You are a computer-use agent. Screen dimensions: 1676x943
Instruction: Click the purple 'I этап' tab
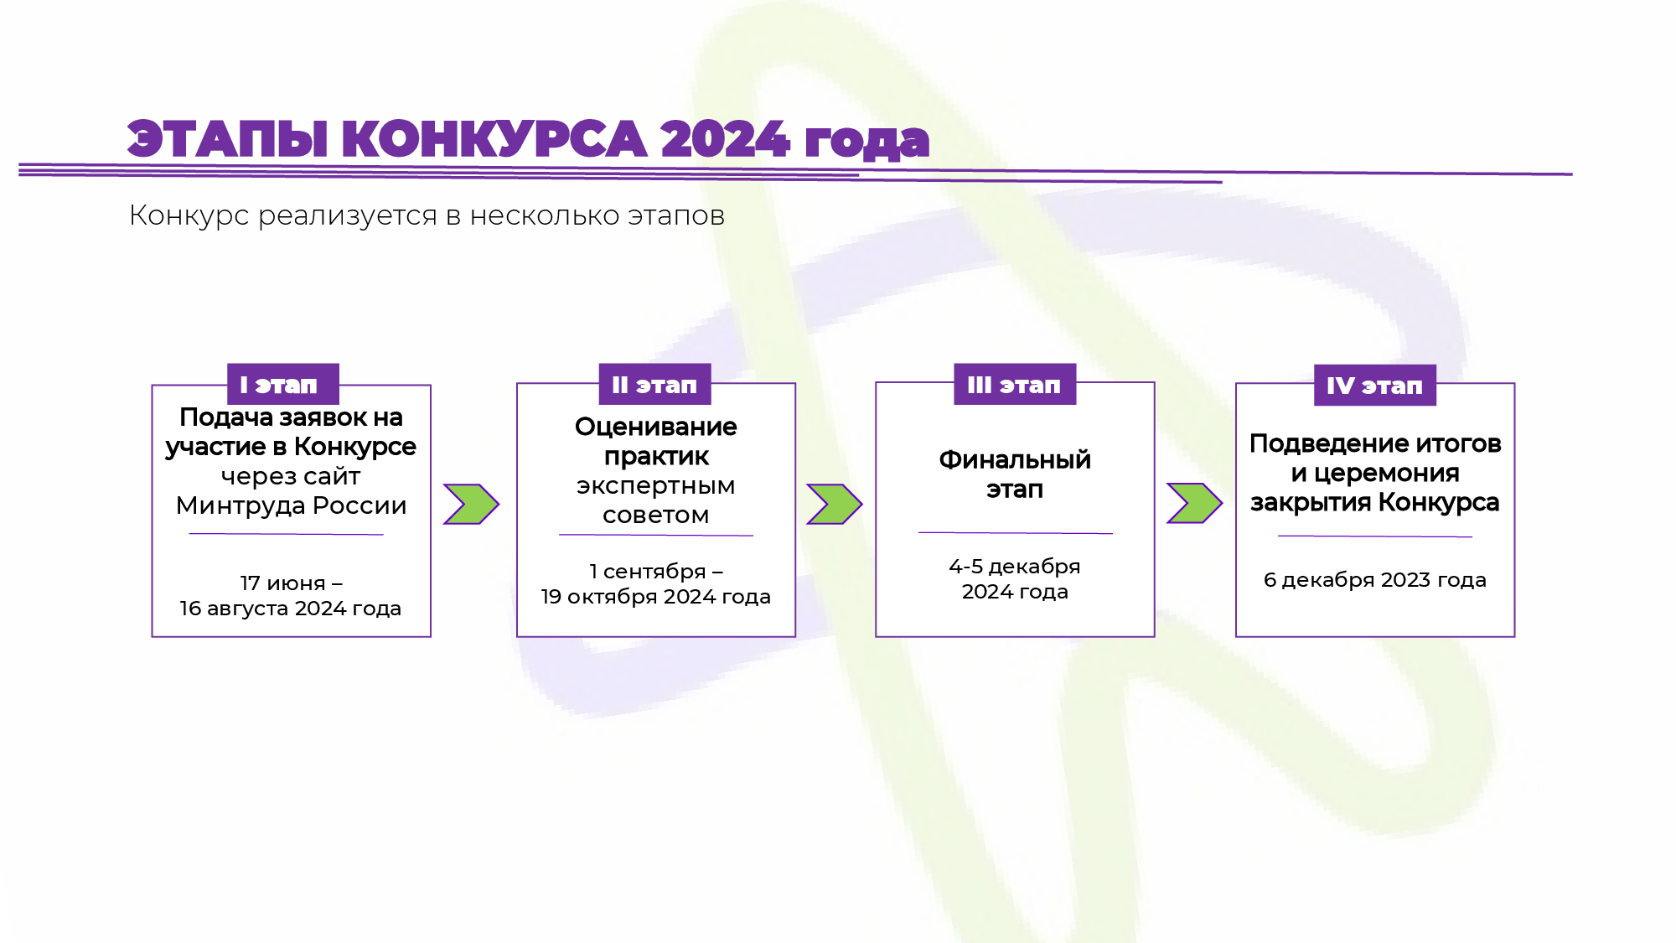[283, 385]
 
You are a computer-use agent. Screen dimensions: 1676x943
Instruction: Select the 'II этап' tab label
[654, 385]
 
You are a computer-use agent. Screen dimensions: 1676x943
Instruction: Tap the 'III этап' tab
[1015, 385]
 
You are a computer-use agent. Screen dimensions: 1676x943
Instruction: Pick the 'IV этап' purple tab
[1374, 386]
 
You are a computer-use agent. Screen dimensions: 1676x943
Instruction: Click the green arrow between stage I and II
[472, 504]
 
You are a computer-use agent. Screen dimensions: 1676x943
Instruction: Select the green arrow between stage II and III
[835, 504]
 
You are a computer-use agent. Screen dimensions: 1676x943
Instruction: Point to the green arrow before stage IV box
[1195, 503]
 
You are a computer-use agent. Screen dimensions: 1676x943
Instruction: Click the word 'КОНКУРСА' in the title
[494, 139]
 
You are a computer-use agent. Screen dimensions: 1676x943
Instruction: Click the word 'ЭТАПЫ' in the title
[227, 139]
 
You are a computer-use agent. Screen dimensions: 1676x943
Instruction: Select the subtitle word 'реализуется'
[348, 216]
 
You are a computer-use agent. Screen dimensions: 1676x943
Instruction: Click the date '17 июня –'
[292, 583]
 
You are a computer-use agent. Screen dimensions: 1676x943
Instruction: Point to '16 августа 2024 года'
[291, 609]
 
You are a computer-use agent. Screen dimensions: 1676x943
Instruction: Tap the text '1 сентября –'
[656, 572]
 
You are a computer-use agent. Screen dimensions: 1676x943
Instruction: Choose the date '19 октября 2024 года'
[656, 597]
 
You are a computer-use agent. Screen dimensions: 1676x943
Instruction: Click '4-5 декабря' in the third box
[1015, 567]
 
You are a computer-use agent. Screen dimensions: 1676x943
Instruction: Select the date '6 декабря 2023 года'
[1375, 580]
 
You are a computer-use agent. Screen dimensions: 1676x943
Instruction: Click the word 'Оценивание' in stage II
[656, 427]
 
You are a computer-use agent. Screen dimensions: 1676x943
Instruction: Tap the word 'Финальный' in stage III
[1015, 459]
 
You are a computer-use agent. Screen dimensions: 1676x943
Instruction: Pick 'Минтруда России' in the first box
[292, 505]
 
